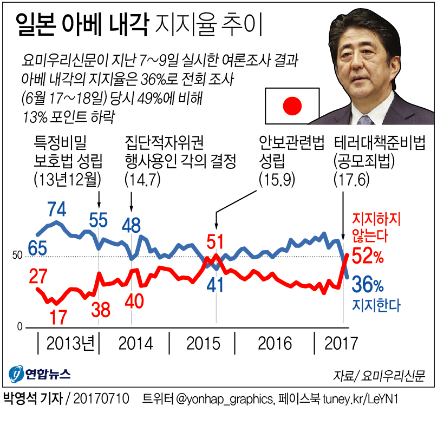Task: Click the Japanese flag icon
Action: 292,106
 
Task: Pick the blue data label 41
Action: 216,285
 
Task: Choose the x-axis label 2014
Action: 135,343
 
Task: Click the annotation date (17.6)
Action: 352,178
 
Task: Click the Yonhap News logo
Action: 39,374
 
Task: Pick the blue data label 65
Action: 37,248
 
